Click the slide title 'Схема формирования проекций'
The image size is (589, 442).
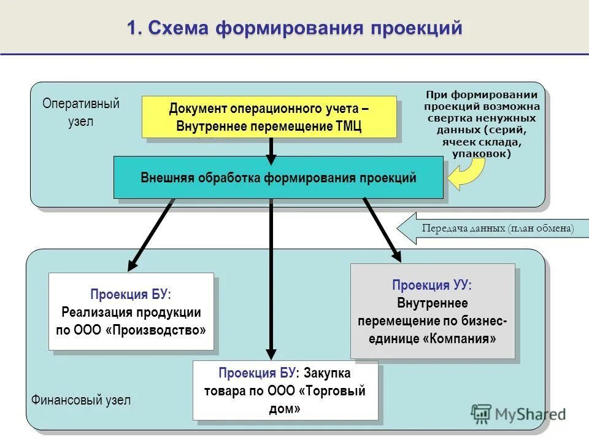point(294,28)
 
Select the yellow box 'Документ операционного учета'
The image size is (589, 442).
point(269,117)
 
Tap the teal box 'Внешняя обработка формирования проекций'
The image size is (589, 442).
point(278,177)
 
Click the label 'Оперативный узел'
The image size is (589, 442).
point(80,112)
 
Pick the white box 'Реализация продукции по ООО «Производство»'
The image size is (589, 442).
point(131,311)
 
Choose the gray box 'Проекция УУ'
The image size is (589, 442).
point(432,311)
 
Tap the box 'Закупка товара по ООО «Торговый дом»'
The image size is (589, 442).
point(285,390)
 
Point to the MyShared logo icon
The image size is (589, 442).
point(482,414)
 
